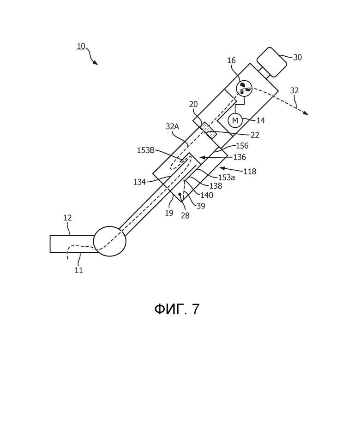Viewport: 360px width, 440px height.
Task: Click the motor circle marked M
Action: point(235,121)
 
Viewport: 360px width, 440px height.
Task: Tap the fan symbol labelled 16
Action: point(244,88)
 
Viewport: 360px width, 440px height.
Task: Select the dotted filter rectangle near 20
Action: point(208,130)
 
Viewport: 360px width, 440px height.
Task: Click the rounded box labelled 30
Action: point(272,62)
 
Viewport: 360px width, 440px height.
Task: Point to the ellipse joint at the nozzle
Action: point(109,242)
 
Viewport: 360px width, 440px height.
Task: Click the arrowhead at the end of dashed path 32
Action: point(305,113)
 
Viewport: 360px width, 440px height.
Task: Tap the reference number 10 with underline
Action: point(81,46)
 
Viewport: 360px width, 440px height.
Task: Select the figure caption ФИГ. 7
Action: point(177,309)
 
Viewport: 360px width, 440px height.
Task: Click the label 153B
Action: point(146,150)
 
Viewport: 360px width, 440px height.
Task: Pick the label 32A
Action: point(172,126)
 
